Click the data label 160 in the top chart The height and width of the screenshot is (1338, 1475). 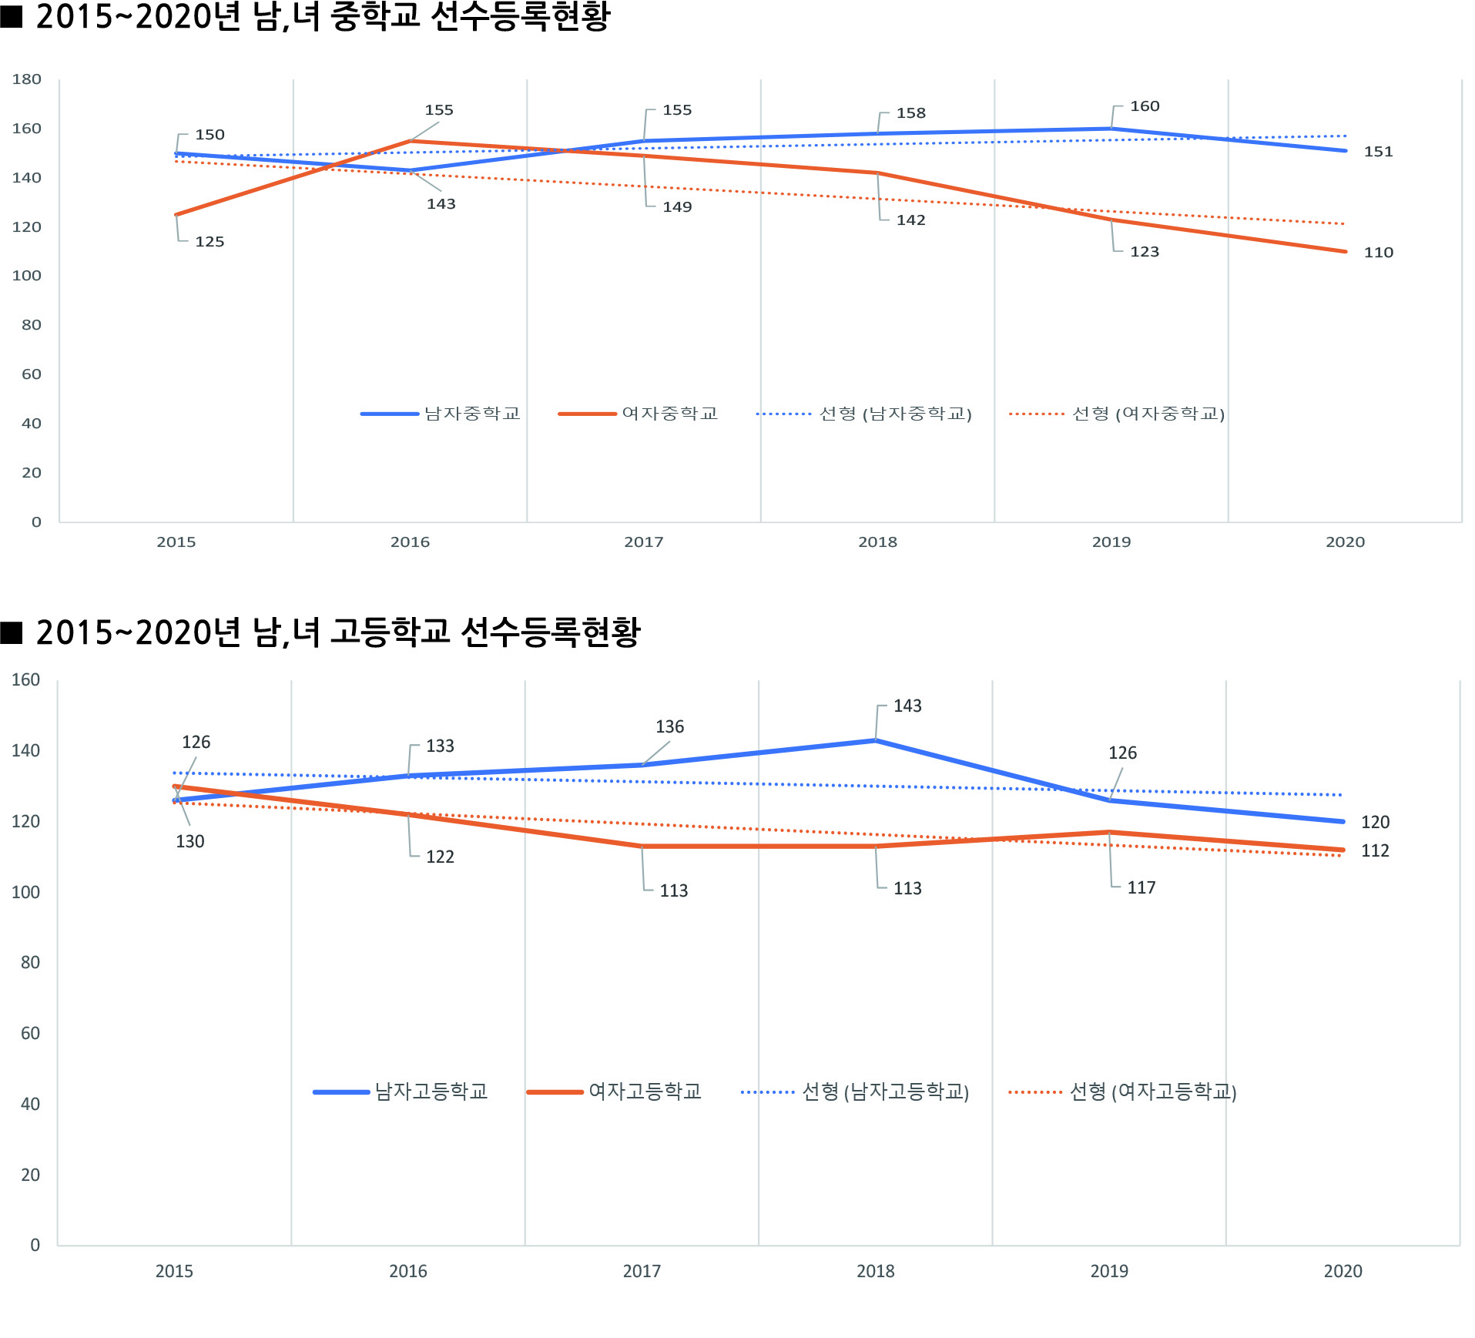coord(1145,106)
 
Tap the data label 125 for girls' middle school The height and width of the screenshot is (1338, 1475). coord(210,242)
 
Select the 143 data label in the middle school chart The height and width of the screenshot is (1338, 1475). coord(441,204)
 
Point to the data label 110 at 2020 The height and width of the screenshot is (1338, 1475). coord(1378,253)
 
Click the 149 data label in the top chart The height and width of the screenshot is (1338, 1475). coord(677,207)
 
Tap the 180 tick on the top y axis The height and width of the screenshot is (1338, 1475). coord(27,79)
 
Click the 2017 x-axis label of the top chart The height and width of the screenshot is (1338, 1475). coord(643,542)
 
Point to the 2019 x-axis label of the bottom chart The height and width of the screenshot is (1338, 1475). coord(1109,1271)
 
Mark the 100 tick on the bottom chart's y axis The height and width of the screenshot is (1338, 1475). coord(25,892)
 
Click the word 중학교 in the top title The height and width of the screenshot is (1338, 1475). coord(375,17)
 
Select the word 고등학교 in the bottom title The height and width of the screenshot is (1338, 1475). coord(390,632)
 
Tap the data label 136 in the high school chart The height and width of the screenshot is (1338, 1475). coord(669,727)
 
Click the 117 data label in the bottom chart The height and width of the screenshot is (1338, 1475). coord(1141,888)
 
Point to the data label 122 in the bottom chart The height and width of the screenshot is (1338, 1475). coord(440,857)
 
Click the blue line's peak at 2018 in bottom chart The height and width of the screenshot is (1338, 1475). coord(876,740)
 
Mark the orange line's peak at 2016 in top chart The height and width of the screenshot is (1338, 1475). coord(411,141)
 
